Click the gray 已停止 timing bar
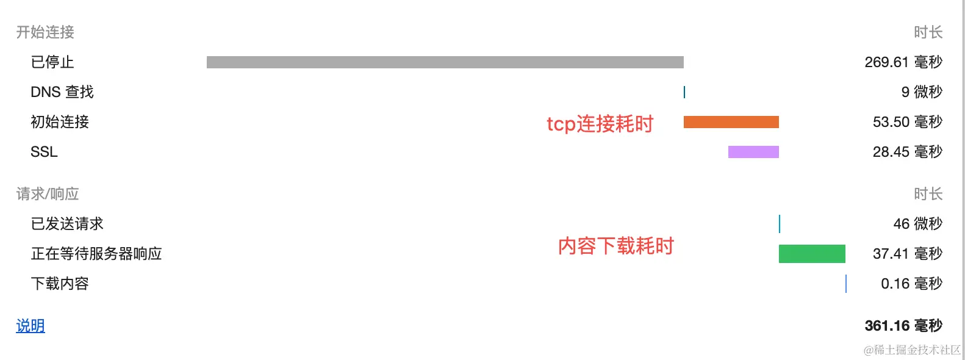(x=445, y=62)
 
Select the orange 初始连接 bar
(x=731, y=122)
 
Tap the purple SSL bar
(x=753, y=152)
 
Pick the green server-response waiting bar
(x=812, y=254)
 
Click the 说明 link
(x=30, y=326)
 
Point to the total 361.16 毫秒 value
(x=903, y=326)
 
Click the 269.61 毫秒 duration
(x=903, y=62)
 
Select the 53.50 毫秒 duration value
(x=908, y=122)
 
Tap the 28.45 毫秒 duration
(x=908, y=152)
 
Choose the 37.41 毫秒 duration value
(x=908, y=254)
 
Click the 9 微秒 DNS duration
(x=922, y=92)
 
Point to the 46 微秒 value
(x=918, y=224)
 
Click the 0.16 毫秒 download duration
(x=912, y=284)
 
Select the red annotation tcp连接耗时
(x=600, y=124)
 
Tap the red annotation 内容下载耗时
(x=616, y=246)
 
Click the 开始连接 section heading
(x=45, y=32)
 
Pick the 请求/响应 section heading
(x=48, y=194)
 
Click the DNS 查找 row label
(x=62, y=92)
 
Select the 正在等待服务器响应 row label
(x=96, y=254)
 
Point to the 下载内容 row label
(x=60, y=284)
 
